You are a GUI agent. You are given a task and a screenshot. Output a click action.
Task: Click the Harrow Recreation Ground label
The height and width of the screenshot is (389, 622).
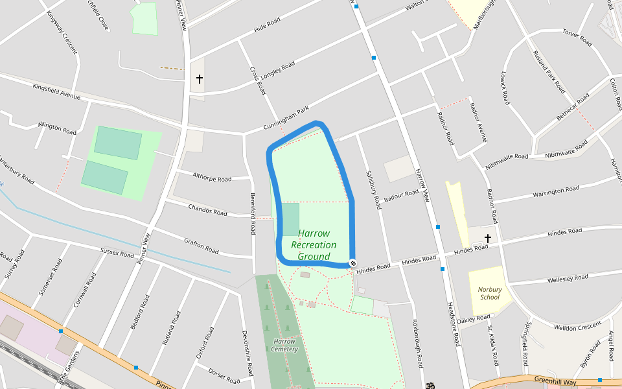(x=314, y=245)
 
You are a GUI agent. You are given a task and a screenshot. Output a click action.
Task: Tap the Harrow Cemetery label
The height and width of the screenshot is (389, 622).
(x=284, y=345)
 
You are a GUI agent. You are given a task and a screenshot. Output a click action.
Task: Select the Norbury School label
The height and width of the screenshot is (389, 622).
(x=490, y=293)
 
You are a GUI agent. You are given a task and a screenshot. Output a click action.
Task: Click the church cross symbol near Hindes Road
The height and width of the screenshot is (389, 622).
(x=488, y=239)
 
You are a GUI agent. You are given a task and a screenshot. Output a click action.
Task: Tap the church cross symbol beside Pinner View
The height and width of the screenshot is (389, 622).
(x=199, y=79)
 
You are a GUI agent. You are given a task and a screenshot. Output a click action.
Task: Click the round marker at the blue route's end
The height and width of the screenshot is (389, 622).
(x=352, y=263)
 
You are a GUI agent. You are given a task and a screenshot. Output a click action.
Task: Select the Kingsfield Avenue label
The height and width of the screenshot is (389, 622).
(x=56, y=91)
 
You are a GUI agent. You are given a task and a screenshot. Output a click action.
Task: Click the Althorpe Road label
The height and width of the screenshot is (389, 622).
(x=212, y=177)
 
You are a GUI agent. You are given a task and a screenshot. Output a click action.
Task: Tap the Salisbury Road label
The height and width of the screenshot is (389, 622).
(x=373, y=189)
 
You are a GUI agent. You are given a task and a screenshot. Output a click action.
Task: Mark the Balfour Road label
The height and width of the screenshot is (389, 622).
(x=402, y=195)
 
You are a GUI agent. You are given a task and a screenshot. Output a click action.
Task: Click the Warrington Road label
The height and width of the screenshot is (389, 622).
(x=556, y=192)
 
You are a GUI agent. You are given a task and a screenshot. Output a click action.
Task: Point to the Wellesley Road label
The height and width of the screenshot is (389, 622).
(x=568, y=279)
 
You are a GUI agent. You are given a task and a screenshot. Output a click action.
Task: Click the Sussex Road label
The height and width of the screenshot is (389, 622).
(x=117, y=251)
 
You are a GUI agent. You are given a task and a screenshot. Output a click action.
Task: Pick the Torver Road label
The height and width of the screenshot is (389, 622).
(x=577, y=38)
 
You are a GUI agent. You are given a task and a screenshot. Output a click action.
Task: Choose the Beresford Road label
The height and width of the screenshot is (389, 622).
(x=253, y=214)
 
